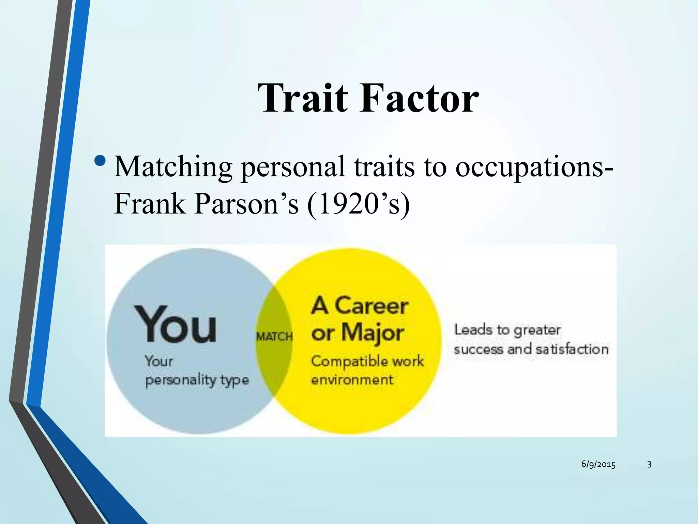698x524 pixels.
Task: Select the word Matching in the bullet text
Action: coord(173,167)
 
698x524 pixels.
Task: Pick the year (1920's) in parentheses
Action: coord(358,204)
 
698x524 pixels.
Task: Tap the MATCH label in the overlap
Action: coord(274,337)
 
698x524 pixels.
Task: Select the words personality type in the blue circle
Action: coord(197,380)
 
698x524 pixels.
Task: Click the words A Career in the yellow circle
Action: coord(360,306)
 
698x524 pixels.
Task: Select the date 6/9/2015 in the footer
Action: coord(598,464)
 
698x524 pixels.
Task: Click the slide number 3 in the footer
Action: coord(649,464)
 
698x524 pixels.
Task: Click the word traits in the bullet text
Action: coord(384,167)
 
